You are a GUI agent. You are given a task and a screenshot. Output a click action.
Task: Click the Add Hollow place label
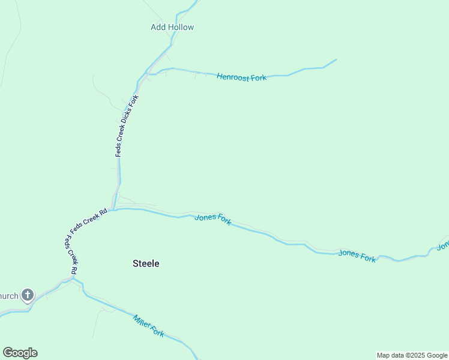[172, 27]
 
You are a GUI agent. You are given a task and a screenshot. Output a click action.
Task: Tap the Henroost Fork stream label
[241, 77]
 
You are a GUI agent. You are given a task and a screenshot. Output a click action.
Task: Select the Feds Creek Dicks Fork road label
[127, 126]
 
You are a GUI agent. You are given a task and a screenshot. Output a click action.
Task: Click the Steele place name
[146, 263]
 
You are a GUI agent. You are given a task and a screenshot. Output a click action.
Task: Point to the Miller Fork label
[148, 326]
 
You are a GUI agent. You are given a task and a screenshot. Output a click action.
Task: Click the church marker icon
[28, 295]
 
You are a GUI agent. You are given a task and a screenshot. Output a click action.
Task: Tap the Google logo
[20, 353]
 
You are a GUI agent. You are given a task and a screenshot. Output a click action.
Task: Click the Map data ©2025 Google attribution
[412, 355]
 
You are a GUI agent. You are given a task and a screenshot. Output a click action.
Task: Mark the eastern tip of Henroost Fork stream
[336, 59]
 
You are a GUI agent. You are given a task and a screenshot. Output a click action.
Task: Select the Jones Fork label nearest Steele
[213, 219]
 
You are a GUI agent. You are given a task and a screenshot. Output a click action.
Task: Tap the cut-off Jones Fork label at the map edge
[443, 245]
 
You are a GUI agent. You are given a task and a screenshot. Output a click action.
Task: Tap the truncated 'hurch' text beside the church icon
[9, 295]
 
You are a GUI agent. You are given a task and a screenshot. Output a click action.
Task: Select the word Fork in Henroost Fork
[258, 77]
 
